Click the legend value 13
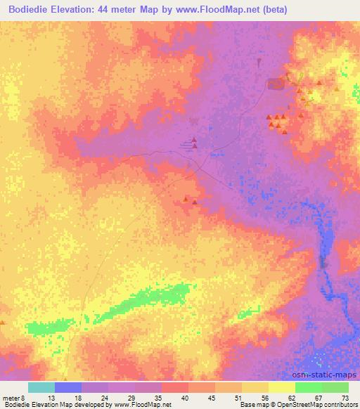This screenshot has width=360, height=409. click(55, 397)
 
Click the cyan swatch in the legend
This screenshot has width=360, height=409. click(41, 387)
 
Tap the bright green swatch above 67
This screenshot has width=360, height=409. click(309, 387)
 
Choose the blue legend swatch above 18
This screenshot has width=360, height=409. click(68, 387)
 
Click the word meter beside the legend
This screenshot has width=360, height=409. click(11, 397)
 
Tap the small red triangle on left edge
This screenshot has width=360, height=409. click(2, 323)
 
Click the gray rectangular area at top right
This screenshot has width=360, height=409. click(276, 85)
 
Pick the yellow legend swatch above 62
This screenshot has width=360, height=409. click(282, 387)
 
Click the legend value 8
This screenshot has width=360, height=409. click(23, 397)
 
